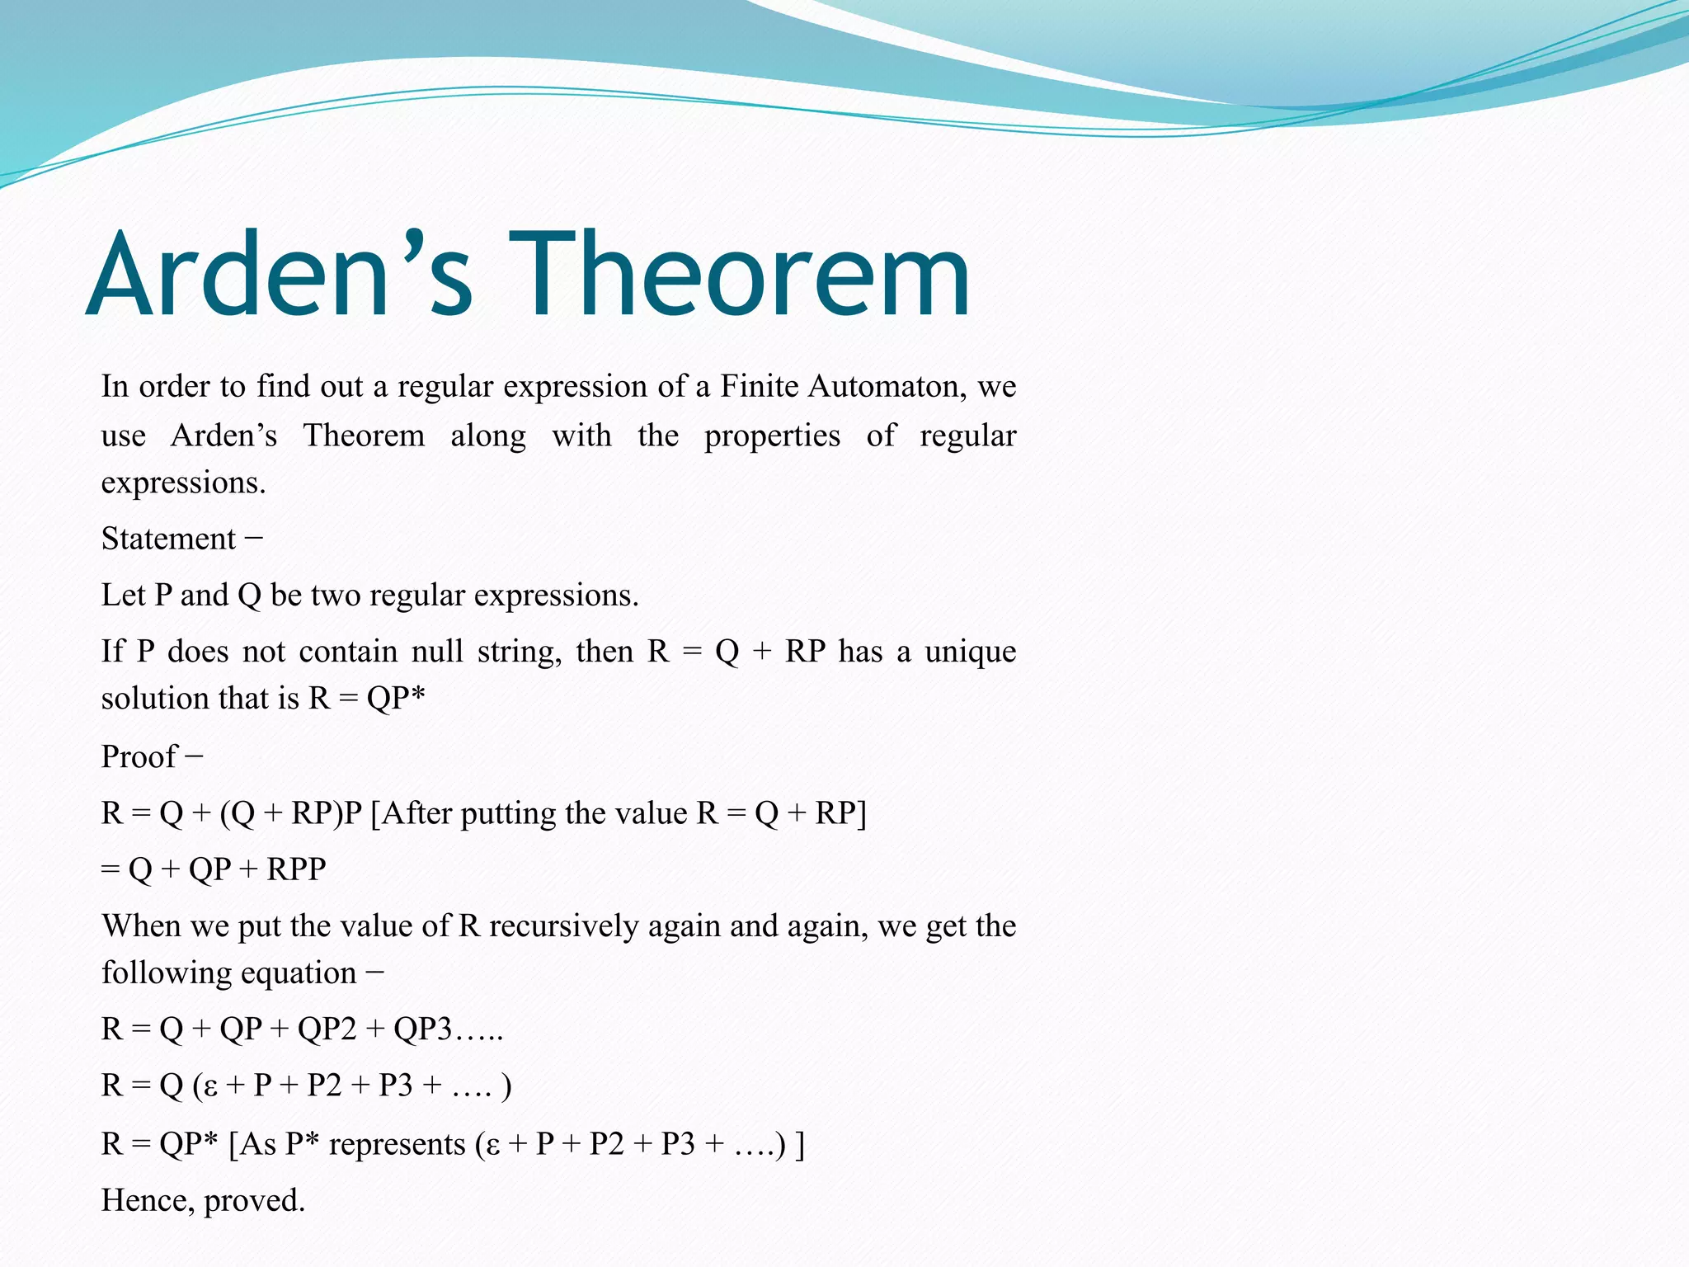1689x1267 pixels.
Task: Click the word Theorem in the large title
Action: [x=739, y=276]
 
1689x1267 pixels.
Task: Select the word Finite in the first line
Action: [x=760, y=386]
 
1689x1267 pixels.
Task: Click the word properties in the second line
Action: [x=772, y=435]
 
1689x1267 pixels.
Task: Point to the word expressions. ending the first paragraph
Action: [x=183, y=483]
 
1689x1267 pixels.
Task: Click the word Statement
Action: [x=168, y=539]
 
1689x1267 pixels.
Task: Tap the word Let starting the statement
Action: [x=124, y=595]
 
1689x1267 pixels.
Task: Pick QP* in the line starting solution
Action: [x=396, y=699]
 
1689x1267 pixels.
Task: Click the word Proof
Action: [x=139, y=756]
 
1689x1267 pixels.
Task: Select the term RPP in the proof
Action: [x=296, y=869]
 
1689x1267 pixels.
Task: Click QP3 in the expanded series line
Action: [x=422, y=1029]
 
